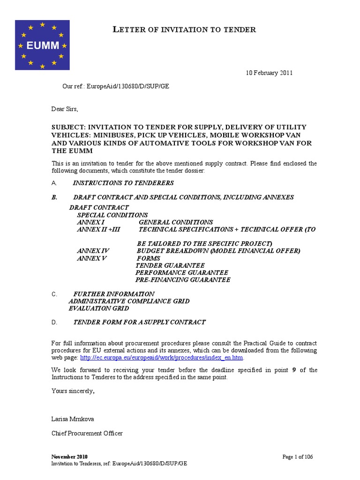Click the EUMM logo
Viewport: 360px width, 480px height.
pos(42,45)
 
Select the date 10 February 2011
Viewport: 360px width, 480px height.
pos(270,73)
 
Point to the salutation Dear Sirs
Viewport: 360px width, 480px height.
pos(65,109)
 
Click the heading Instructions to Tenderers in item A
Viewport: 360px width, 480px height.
pos(123,183)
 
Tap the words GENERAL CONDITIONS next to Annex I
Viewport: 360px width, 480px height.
pos(176,222)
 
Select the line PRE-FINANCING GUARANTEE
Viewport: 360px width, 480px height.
pos(183,280)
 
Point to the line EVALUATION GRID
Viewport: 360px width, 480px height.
pos(98,308)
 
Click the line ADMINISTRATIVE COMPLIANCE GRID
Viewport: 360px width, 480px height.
pos(129,301)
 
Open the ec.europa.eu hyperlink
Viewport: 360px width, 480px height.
pos(162,358)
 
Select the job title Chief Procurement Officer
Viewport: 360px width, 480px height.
pos(87,434)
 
